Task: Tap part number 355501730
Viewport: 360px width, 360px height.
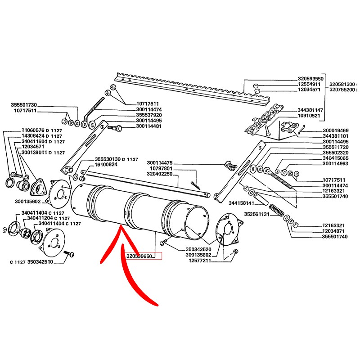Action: (x=23, y=104)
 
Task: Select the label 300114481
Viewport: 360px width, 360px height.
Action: (x=149, y=126)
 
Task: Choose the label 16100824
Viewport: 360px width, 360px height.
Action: (x=107, y=165)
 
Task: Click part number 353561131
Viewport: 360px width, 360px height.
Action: (x=256, y=214)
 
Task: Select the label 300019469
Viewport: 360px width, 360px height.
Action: (x=336, y=130)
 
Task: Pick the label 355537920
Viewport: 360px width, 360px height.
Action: (x=149, y=115)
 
